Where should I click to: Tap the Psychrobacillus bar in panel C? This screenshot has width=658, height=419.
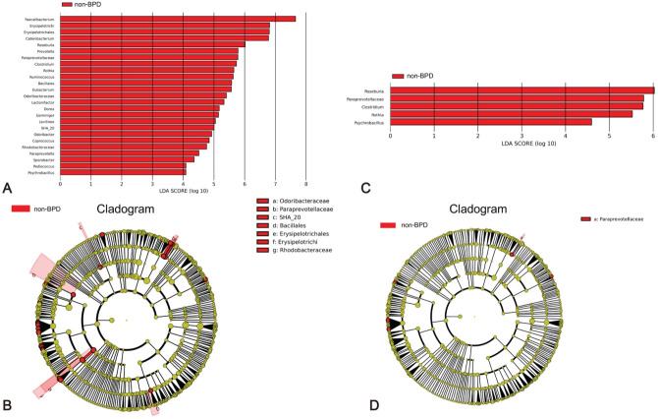pyautogui.click(x=490, y=122)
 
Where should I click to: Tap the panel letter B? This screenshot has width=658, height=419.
pyautogui.click(x=7, y=404)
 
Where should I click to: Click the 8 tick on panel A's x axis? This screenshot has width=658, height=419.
pyautogui.click(x=306, y=183)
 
